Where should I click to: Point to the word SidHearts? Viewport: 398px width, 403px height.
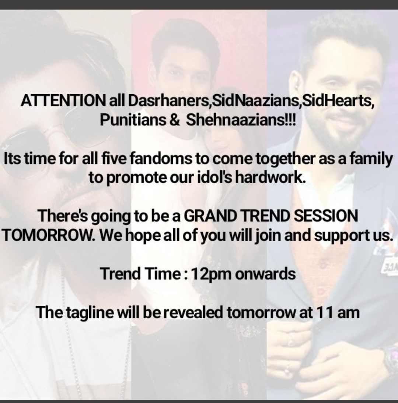click(337, 101)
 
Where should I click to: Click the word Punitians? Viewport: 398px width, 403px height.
click(133, 120)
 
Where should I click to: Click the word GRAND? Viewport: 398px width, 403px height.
click(210, 216)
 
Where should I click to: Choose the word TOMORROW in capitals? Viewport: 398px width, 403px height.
click(48, 235)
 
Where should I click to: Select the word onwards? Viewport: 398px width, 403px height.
click(265, 274)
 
